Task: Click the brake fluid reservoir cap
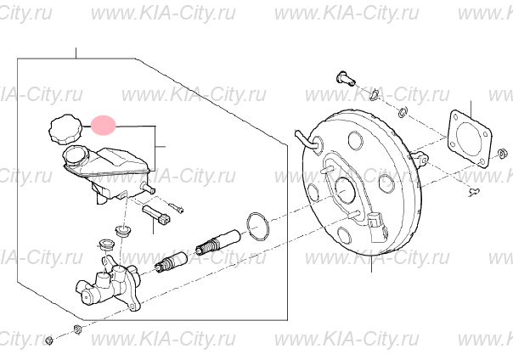coord(65,129)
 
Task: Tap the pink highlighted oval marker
coord(103,125)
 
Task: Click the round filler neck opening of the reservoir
coord(76,155)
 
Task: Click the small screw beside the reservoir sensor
coord(176,207)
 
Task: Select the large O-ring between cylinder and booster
coord(258,226)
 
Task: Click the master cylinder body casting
coord(108,286)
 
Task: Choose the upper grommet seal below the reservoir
coord(122,229)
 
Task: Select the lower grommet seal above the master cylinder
coord(106,245)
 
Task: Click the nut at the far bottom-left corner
coord(48,340)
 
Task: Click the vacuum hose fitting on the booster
coord(307,142)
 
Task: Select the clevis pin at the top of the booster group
coord(346,77)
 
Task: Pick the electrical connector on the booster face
coord(376,226)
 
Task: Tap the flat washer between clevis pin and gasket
coord(403,112)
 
